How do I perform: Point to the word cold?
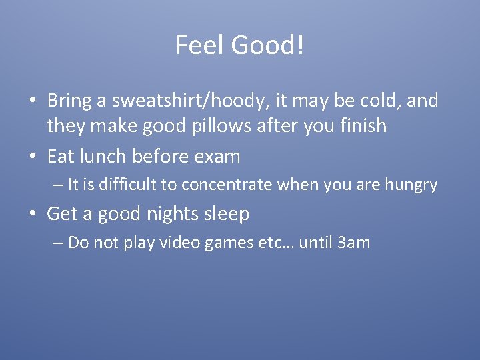coord(383,101)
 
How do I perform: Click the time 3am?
coord(354,242)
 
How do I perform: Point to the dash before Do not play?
coord(58,243)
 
